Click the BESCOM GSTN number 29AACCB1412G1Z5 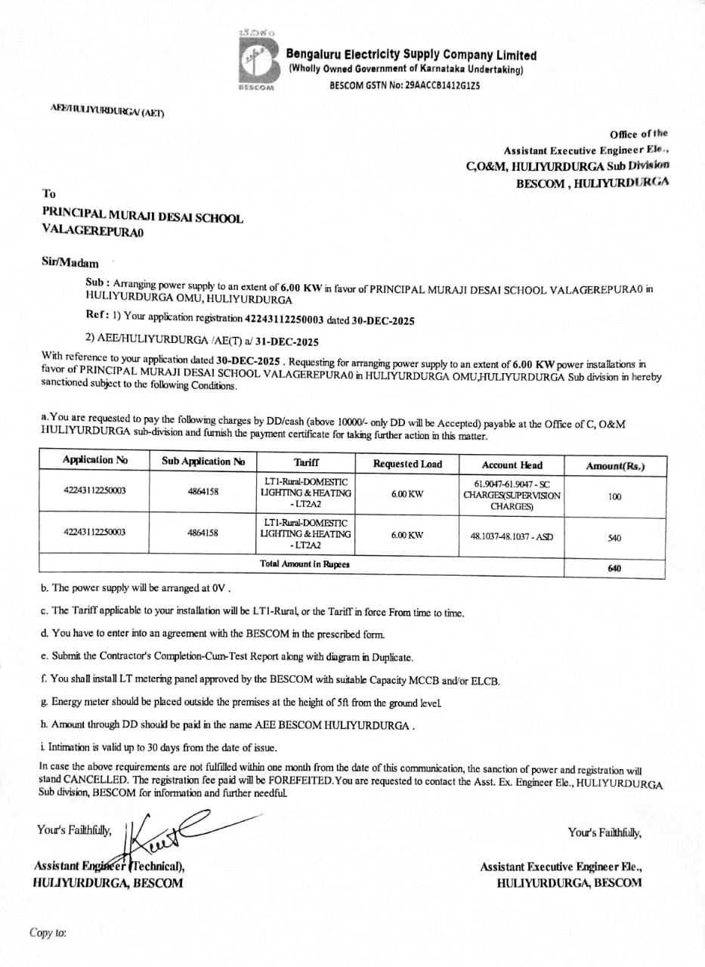[x=404, y=85]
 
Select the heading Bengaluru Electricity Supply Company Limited [x=411, y=55]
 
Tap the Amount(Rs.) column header [x=615, y=466]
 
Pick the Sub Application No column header [x=203, y=461]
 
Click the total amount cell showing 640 [x=614, y=568]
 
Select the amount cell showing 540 [x=614, y=539]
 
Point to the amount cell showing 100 [x=614, y=496]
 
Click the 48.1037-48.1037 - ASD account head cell [x=512, y=537]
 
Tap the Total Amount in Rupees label [x=305, y=564]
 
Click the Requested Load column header [x=407, y=464]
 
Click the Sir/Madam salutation [x=70, y=262]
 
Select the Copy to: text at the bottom [x=48, y=933]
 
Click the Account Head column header [x=512, y=465]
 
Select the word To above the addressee [x=49, y=194]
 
